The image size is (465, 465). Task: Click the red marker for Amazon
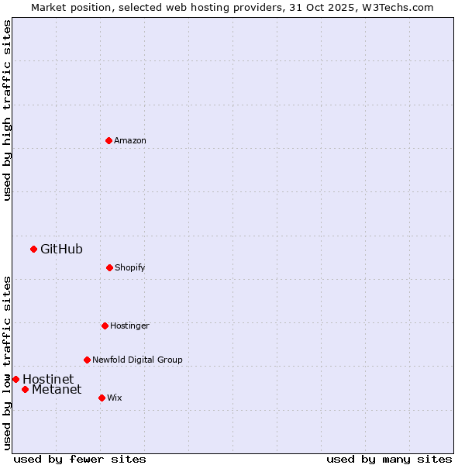tap(108, 140)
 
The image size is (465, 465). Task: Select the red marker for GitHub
tap(33, 249)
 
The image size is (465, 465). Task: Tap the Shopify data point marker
tap(109, 267)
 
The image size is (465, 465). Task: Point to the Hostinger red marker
tap(105, 325)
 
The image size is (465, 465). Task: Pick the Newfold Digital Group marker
tap(87, 360)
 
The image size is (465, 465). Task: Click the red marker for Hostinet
tap(15, 379)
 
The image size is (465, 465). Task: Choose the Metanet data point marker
tap(25, 389)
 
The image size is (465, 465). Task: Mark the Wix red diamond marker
tap(102, 398)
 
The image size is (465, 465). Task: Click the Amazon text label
tap(130, 140)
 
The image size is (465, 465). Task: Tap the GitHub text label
tap(61, 249)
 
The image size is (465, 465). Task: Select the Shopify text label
tap(130, 267)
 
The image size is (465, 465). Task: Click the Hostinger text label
tap(129, 325)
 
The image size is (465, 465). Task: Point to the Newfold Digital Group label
tap(137, 360)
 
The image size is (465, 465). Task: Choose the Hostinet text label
tap(48, 379)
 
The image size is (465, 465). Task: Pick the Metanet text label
tap(57, 389)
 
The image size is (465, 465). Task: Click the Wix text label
tap(115, 398)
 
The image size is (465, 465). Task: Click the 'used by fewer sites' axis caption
tap(80, 459)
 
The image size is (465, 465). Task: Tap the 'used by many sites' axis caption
tap(389, 459)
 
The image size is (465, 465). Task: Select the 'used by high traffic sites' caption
tap(7, 110)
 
